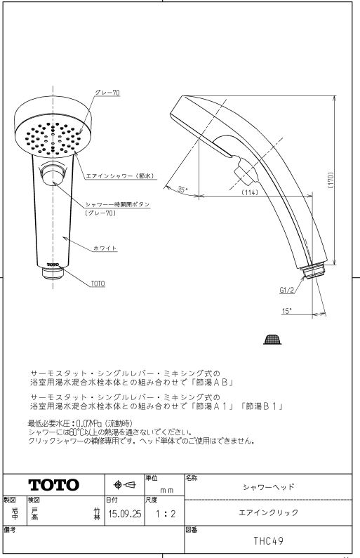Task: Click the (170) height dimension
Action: [331, 180]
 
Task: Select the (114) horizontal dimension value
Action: [250, 192]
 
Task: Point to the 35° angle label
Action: [182, 190]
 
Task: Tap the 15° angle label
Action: [286, 312]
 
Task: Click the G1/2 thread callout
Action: [287, 290]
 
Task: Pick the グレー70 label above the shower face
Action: [107, 93]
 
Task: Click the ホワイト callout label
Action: [105, 248]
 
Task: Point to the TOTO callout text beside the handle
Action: [98, 284]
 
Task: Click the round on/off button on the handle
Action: [53, 173]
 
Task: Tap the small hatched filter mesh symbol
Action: [272, 340]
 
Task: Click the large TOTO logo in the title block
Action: [54, 485]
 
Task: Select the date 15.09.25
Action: [124, 514]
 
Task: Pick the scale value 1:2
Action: [166, 514]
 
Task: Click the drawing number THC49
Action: [269, 541]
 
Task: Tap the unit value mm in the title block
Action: [166, 491]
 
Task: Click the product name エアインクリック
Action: [268, 512]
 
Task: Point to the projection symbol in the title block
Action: [124, 485]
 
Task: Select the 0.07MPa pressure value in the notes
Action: [89, 423]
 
